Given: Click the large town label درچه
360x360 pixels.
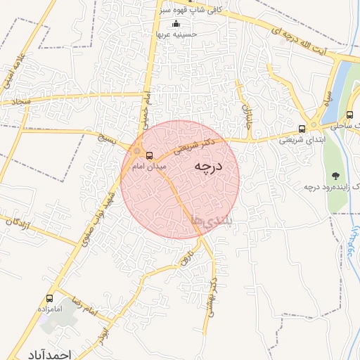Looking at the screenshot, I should [207, 167].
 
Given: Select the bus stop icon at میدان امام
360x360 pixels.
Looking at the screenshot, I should [148, 155].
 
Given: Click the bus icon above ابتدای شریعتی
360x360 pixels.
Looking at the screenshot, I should [302, 129].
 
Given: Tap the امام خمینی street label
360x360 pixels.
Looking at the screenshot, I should [147, 110].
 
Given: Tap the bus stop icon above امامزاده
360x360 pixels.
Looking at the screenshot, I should [49, 298].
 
